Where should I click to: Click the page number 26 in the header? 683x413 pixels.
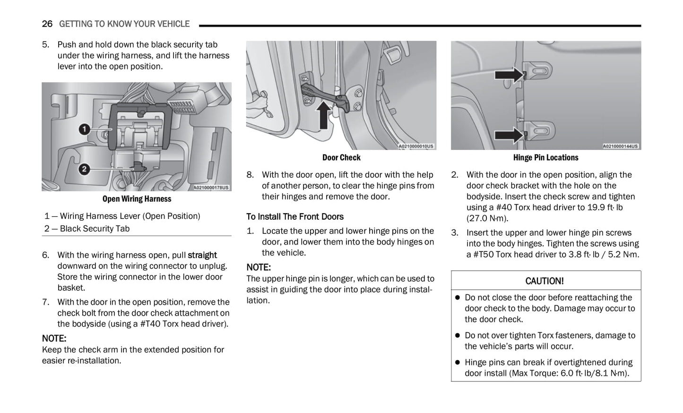pyautogui.click(x=47, y=24)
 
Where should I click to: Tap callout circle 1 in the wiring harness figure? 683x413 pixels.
pyautogui.click(x=84, y=129)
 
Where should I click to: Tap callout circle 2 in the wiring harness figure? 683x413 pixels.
pyautogui.click(x=84, y=169)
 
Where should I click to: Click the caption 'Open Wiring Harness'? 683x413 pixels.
pyautogui.click(x=137, y=199)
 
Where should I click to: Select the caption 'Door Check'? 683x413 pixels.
pyautogui.click(x=341, y=157)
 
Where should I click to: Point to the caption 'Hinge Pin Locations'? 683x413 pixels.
pyautogui.click(x=545, y=157)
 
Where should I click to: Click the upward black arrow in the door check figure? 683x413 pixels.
pyautogui.click(x=323, y=115)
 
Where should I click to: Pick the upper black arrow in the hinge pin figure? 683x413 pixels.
pyautogui.click(x=510, y=75)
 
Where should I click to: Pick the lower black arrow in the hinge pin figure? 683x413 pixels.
pyautogui.click(x=510, y=135)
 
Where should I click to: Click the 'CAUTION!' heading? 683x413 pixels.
pyautogui.click(x=545, y=281)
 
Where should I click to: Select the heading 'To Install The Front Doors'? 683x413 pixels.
pyautogui.click(x=295, y=216)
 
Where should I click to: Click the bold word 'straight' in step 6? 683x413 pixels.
pyautogui.click(x=202, y=255)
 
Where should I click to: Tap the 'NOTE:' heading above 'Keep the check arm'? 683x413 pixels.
pyautogui.click(x=54, y=338)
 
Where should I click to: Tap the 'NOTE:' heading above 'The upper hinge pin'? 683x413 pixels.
pyautogui.click(x=259, y=267)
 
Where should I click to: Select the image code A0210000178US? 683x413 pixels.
pyautogui.click(x=211, y=188)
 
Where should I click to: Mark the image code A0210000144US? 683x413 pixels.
pyautogui.click(x=621, y=146)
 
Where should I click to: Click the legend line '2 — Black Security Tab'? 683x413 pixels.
pyautogui.click(x=87, y=229)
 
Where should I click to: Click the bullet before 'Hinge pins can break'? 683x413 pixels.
pyautogui.click(x=457, y=362)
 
